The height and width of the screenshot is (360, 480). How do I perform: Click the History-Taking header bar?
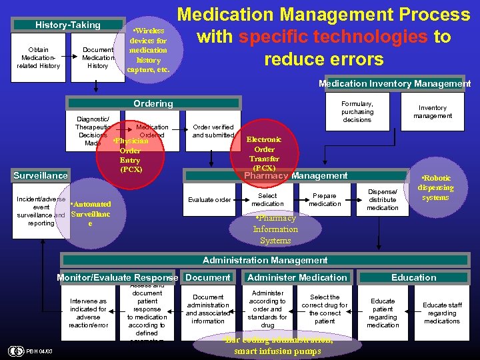pyautogui.click(x=68, y=25)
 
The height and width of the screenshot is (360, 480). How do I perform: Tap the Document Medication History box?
pyautogui.click(x=97, y=58)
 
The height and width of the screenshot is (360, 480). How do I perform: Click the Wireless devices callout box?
pyautogui.click(x=149, y=50)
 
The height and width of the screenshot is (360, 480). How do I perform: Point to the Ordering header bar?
pyautogui.click(x=153, y=103)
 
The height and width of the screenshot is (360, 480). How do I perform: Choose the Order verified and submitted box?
pyautogui.click(x=213, y=131)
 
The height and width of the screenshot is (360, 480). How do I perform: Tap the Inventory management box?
pyautogui.click(x=433, y=112)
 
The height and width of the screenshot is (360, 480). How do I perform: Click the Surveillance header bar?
pyautogui.click(x=41, y=176)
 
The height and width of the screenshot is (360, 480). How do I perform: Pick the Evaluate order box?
pyautogui.click(x=209, y=200)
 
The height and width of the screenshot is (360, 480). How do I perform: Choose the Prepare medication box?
pyautogui.click(x=325, y=200)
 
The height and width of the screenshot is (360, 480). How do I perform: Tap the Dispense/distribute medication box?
pyautogui.click(x=383, y=199)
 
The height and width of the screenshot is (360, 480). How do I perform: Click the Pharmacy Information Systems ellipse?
pyautogui.click(x=275, y=229)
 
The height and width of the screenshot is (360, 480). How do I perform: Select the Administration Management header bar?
pyautogui.click(x=265, y=260)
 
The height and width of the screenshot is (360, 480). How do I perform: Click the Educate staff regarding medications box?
pyautogui.click(x=442, y=313)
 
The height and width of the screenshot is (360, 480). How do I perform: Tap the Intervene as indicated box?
pyautogui.click(x=88, y=313)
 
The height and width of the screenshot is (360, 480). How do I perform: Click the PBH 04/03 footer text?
pyautogui.click(x=41, y=351)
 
